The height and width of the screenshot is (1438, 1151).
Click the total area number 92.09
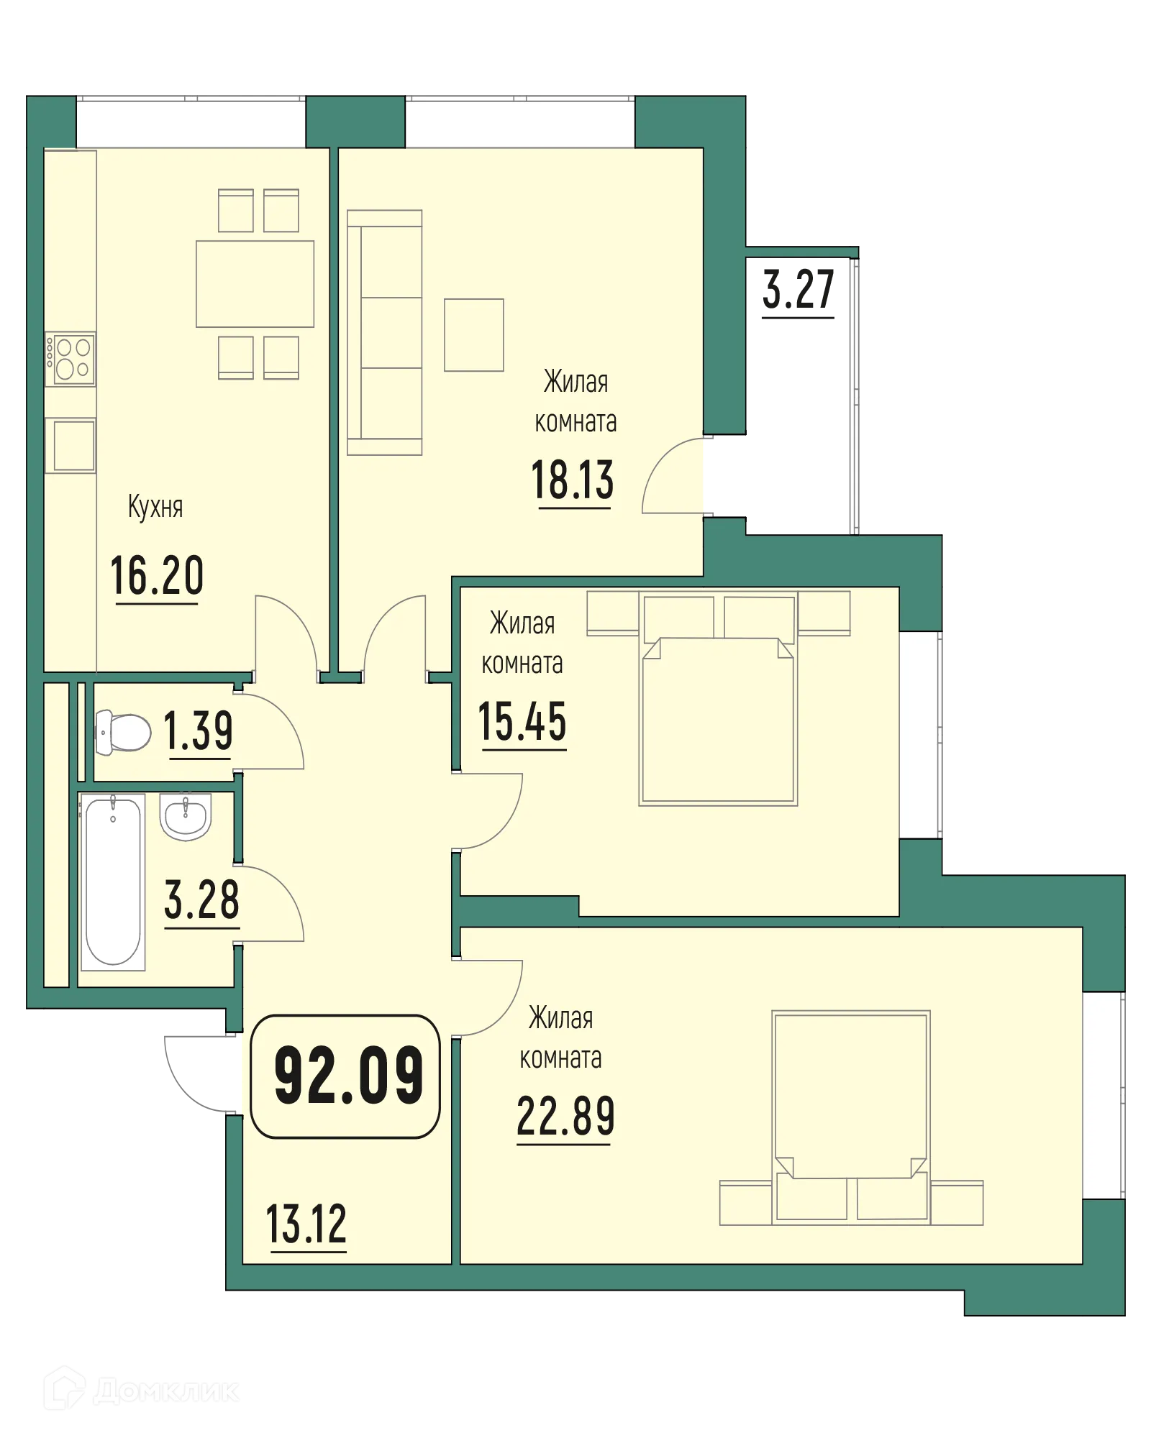[348, 1076]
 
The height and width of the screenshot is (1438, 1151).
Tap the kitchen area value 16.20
[157, 576]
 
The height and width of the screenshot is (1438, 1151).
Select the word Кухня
[155, 507]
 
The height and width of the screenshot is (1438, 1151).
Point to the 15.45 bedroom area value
[522, 722]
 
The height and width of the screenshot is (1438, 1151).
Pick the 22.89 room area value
[565, 1117]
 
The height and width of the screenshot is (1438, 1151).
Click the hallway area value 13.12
[306, 1225]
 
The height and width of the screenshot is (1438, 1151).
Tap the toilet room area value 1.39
[199, 731]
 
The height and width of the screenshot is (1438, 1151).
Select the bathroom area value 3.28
[201, 899]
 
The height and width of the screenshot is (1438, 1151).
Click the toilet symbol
[123, 732]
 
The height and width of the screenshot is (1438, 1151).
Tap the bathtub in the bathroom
[113, 881]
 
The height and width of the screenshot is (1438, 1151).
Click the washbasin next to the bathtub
[186, 818]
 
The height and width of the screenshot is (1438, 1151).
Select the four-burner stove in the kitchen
[70, 359]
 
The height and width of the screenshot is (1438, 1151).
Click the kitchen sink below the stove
[70, 446]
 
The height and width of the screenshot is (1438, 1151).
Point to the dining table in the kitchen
[255, 283]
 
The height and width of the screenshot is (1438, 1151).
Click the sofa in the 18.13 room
[384, 332]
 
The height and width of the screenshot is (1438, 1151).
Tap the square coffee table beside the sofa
[473, 335]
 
